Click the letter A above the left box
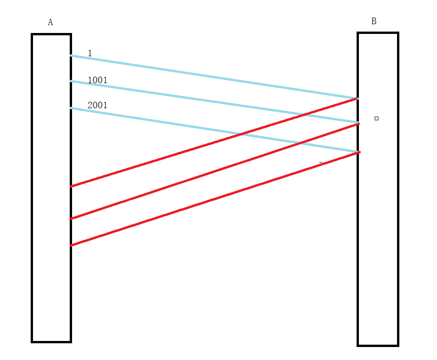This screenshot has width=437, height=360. (50, 22)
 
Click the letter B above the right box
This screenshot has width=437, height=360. (374, 21)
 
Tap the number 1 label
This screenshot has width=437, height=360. (90, 53)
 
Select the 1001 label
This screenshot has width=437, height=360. (97, 80)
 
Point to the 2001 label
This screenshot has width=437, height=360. (97, 105)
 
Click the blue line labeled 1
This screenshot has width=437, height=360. (214, 77)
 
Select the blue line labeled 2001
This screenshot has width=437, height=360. (163, 122)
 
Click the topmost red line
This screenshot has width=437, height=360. (186, 151)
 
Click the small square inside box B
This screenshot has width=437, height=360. (377, 118)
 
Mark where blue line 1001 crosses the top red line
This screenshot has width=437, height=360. (305, 114)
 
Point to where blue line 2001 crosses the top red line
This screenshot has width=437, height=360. (240, 134)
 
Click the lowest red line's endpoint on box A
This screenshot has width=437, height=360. (71, 245)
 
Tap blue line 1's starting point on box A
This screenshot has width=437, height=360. (71, 56)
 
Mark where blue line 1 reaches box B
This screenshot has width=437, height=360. (357, 98)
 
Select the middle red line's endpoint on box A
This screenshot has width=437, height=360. (71, 219)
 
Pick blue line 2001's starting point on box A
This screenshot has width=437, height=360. (71, 108)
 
